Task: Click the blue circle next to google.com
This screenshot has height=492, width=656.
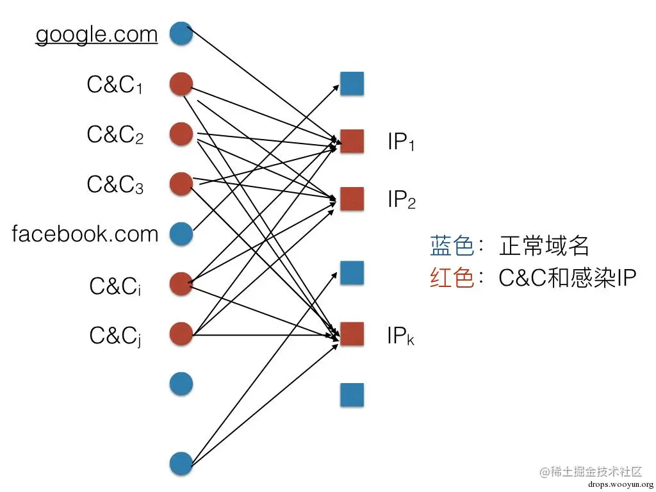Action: pos(181,33)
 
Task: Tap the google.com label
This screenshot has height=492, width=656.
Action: pos(96,34)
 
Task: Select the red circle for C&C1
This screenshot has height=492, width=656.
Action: pos(181,84)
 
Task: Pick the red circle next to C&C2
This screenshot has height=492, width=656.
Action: pos(181,134)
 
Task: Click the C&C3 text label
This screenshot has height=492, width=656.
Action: pos(115,184)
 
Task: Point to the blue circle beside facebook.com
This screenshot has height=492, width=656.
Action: pos(181,234)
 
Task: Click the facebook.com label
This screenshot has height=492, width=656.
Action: pos(85,234)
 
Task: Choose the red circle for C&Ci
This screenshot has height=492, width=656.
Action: pos(181,284)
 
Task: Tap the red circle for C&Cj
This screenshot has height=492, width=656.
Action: pos(181,334)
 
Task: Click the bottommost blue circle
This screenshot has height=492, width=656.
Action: pos(181,463)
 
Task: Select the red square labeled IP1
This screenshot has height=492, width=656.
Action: pos(352,141)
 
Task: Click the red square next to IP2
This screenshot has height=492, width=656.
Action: pos(352,199)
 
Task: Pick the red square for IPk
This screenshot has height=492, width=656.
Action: pos(352,334)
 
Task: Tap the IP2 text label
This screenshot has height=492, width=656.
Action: pos(402,200)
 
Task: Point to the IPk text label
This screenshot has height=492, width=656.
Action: pos(400,335)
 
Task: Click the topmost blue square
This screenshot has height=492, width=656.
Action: pos(352,84)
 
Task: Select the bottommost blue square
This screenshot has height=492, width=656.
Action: pos(352,395)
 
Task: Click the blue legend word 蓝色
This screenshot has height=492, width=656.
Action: pos(452,246)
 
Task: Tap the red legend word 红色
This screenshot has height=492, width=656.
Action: pos(452,278)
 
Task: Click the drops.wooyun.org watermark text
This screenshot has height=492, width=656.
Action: pos(619,484)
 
